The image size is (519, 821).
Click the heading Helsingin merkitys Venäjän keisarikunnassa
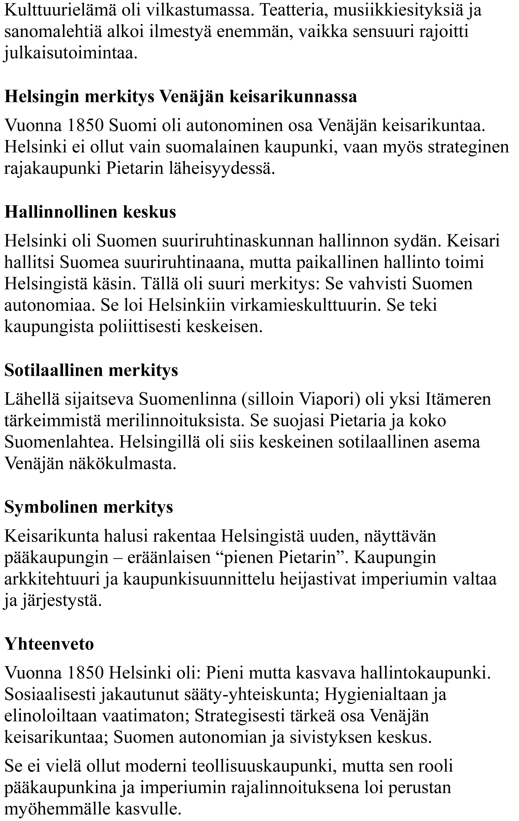coord(181,97)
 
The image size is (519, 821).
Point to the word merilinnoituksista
coord(175,420)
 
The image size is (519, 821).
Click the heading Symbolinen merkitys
coord(89,507)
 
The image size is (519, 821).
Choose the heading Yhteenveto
coord(49,644)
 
